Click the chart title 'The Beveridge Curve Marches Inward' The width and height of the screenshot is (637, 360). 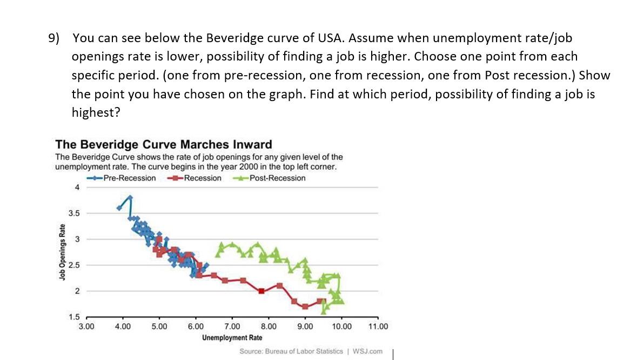163,145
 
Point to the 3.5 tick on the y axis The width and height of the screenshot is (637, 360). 74,213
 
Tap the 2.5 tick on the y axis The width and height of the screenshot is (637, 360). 74,265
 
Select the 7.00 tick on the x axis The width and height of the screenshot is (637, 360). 232,326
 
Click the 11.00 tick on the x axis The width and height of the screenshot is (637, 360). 378,326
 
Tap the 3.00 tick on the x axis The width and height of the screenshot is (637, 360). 86,326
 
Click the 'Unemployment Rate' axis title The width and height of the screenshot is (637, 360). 232,338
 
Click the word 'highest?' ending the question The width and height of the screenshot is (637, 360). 96,112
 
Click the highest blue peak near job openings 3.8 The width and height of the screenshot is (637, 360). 130,197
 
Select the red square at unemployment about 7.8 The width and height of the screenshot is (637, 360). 261,291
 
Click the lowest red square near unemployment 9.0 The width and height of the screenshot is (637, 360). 305,306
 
